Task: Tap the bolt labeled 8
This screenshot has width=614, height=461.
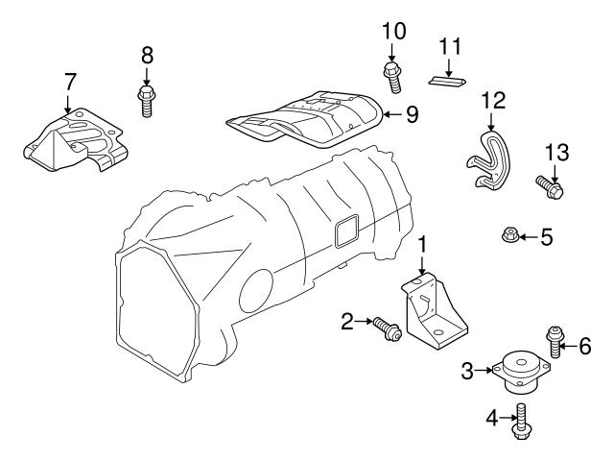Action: [147, 100]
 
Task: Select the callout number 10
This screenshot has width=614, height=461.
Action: [393, 30]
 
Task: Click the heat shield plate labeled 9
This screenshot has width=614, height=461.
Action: [307, 119]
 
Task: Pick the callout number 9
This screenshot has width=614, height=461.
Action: [412, 115]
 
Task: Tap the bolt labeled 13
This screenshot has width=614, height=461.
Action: [550, 184]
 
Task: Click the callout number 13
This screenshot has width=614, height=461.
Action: [556, 152]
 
